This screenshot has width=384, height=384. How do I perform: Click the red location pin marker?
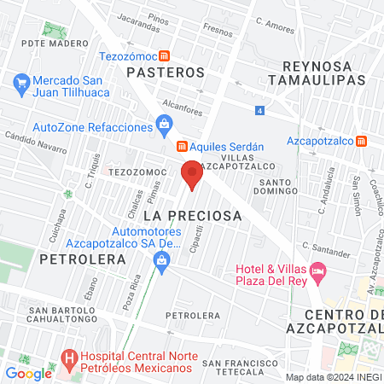point(192,173)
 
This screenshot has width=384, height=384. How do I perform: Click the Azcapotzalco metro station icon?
point(362,140)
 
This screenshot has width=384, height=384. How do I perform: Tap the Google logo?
point(29,373)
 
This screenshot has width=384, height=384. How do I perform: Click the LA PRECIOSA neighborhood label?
point(193,216)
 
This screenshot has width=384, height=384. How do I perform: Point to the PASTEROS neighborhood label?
point(166,73)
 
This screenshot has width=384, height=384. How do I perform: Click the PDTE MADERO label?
point(55,43)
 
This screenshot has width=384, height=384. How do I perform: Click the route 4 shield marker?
point(259,110)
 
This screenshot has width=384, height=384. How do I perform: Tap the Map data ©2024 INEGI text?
point(333,377)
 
